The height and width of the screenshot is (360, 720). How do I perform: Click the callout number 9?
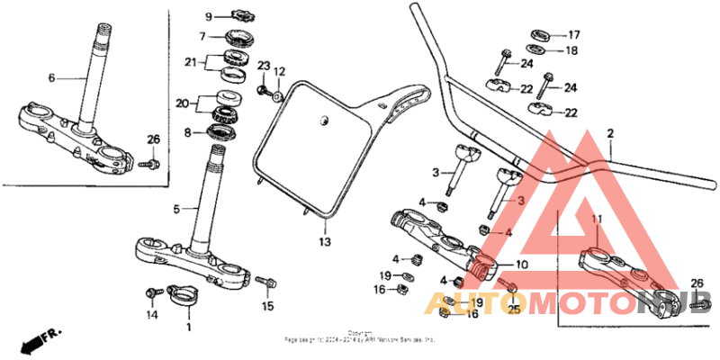pos(208,17)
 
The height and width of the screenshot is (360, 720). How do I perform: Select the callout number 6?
pos(51,78)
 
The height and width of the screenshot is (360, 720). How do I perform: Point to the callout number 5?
pos(177,209)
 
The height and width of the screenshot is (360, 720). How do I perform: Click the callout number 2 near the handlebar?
pos(609,134)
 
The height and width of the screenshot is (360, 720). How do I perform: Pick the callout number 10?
pos(522,266)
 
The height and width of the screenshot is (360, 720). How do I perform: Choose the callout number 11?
pos(596,219)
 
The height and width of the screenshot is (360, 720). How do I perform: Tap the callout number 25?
pos(514,309)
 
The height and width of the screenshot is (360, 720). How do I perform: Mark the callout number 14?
pos(152,315)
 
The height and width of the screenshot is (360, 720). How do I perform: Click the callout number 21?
pos(190,62)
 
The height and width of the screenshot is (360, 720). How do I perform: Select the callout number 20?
pos(184,103)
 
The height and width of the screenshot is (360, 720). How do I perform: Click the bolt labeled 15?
pos(265,283)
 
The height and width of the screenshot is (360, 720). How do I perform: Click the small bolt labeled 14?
pos(152,293)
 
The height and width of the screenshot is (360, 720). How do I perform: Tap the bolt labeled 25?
pos(509,290)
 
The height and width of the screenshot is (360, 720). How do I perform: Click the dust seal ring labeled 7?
pos(238,37)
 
